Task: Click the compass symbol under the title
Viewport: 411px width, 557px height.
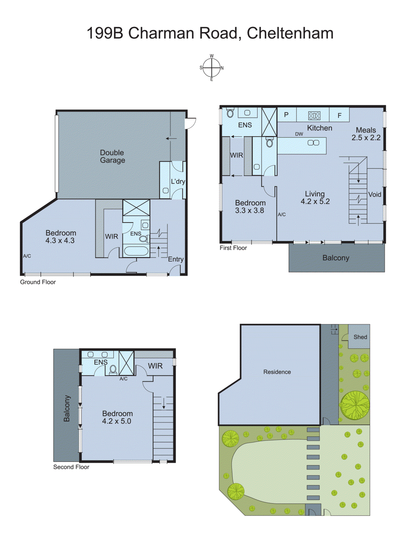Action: click(x=212, y=68)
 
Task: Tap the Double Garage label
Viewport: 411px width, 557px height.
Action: click(x=112, y=156)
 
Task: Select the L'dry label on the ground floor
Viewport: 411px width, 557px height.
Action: click(x=178, y=181)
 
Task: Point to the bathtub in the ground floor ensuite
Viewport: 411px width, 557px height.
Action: click(x=136, y=251)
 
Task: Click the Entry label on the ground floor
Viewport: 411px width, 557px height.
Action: click(x=176, y=259)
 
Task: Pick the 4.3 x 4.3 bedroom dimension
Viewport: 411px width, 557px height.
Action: click(x=60, y=241)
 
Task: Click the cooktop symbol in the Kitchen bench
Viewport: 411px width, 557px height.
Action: click(x=314, y=116)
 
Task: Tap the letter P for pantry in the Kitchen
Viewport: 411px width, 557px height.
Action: click(x=286, y=115)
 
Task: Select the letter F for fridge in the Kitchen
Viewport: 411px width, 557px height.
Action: click(x=340, y=116)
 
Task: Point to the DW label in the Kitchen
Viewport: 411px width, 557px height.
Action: click(x=299, y=134)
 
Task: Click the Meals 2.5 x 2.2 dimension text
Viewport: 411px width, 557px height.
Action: click(x=366, y=138)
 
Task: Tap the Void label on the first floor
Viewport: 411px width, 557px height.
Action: click(x=375, y=195)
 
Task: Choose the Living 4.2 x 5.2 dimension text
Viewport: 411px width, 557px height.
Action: click(x=315, y=201)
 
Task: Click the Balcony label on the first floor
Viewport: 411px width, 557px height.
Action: click(x=336, y=258)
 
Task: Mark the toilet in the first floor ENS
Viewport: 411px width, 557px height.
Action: click(x=230, y=113)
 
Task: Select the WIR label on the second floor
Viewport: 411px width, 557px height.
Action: click(x=155, y=366)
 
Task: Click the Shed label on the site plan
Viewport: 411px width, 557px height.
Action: click(x=360, y=337)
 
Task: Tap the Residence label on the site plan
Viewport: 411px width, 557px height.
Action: click(x=277, y=372)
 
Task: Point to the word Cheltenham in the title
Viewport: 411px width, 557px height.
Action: click(x=290, y=33)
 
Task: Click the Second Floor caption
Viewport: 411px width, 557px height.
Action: click(x=71, y=467)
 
